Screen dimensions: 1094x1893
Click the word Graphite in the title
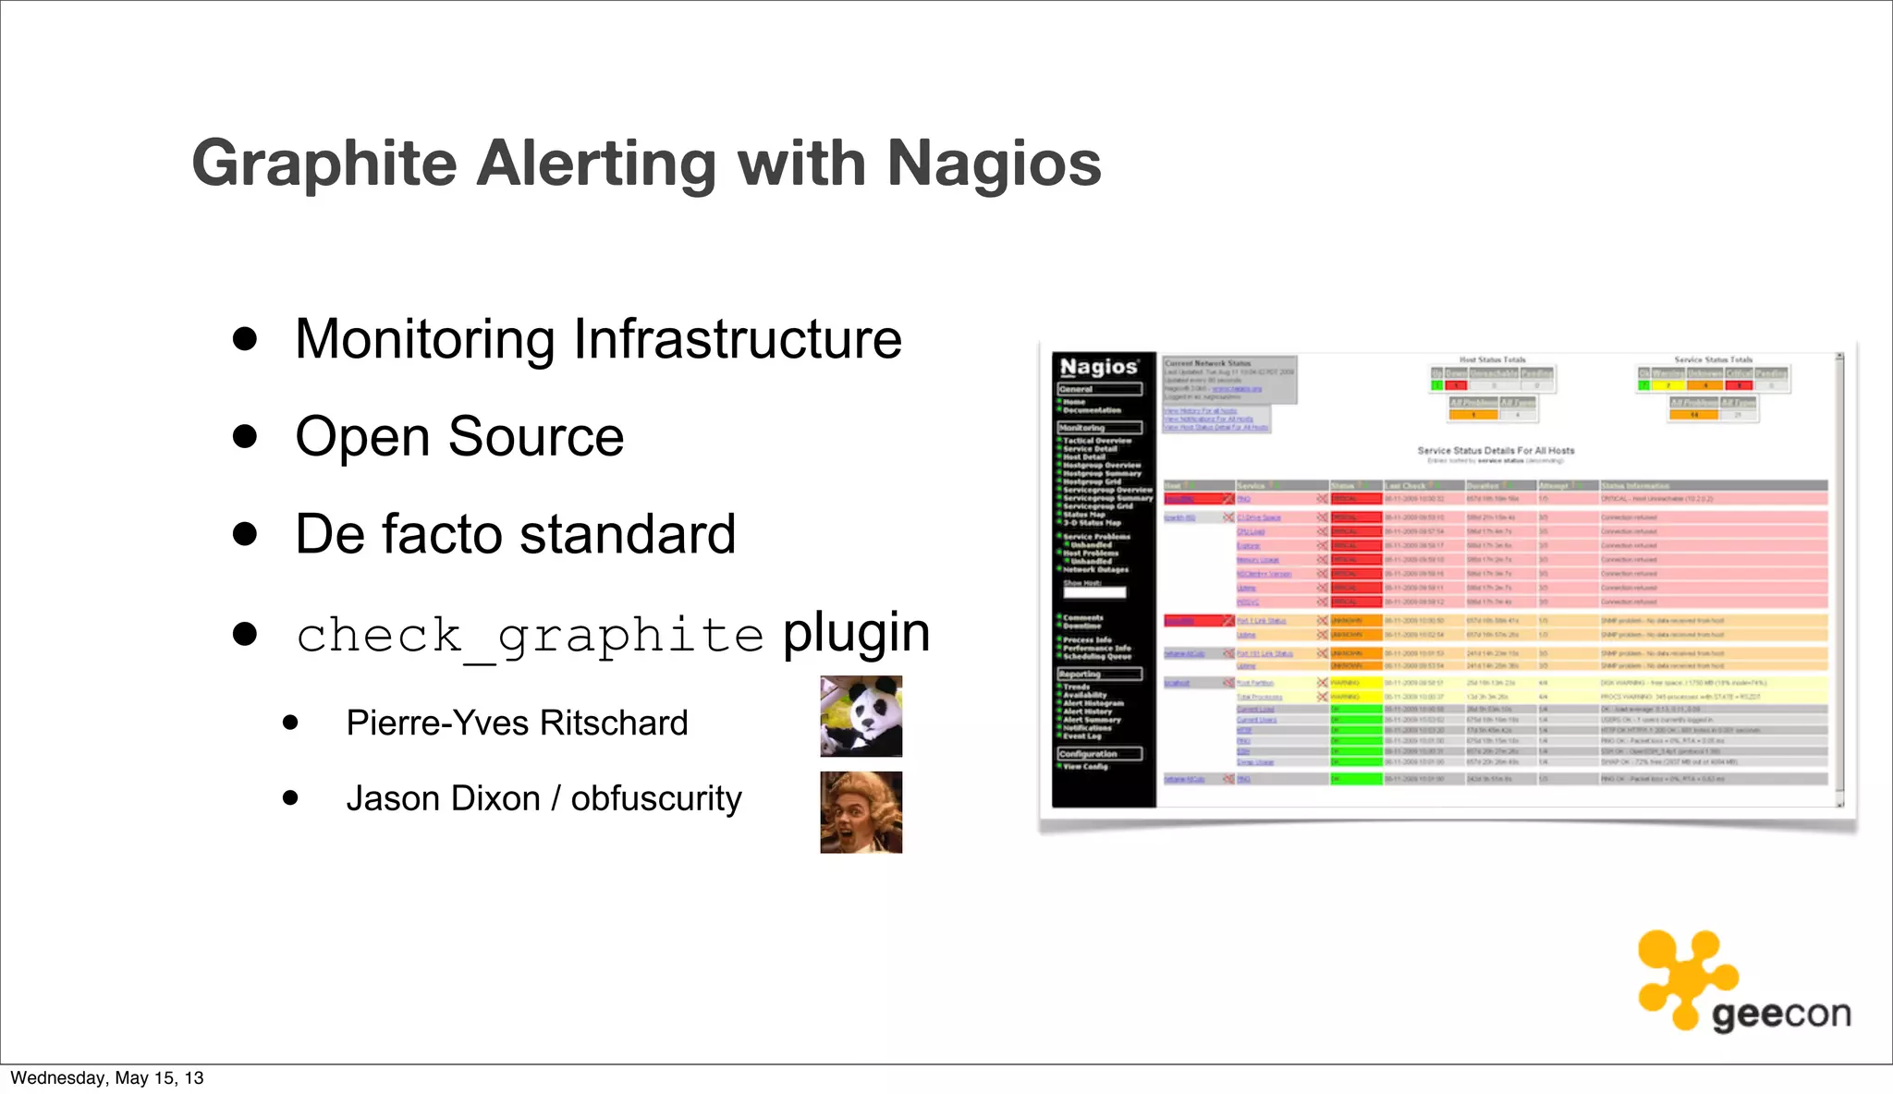[324, 164]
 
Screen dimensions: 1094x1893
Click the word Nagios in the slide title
[994, 164]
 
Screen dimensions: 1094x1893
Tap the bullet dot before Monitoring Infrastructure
[245, 338]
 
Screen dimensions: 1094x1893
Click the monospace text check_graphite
[530, 636]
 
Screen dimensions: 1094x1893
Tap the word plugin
[856, 633]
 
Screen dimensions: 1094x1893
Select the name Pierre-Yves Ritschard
[517, 723]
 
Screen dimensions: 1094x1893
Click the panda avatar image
[861, 716]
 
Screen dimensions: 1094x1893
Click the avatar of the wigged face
[861, 812]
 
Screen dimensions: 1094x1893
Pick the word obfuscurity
[656, 798]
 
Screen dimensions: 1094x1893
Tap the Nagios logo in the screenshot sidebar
[1098, 367]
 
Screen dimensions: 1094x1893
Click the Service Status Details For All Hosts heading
[1496, 451]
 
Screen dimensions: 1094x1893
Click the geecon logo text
[1780, 1015]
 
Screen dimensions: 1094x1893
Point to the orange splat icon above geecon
[1684, 978]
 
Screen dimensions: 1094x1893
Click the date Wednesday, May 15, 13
[107, 1078]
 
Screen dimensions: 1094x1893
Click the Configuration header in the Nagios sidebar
[1088, 754]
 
